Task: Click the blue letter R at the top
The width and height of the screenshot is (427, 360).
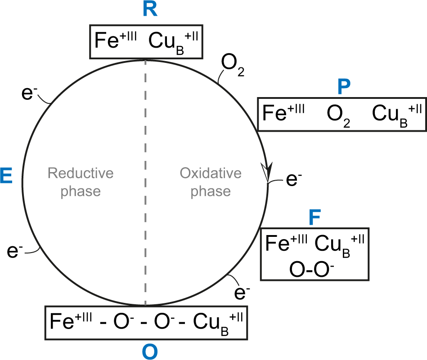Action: [x=150, y=10]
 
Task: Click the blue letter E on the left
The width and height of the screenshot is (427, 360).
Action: [x=7, y=177]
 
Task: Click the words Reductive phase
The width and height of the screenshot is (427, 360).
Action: [x=81, y=182]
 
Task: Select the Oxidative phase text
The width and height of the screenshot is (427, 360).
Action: [x=211, y=182]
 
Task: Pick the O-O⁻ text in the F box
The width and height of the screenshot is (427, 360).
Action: [x=315, y=267]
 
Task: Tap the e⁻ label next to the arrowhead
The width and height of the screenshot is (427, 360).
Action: [x=291, y=179]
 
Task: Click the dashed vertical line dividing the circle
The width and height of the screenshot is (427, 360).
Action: [x=145, y=180]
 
